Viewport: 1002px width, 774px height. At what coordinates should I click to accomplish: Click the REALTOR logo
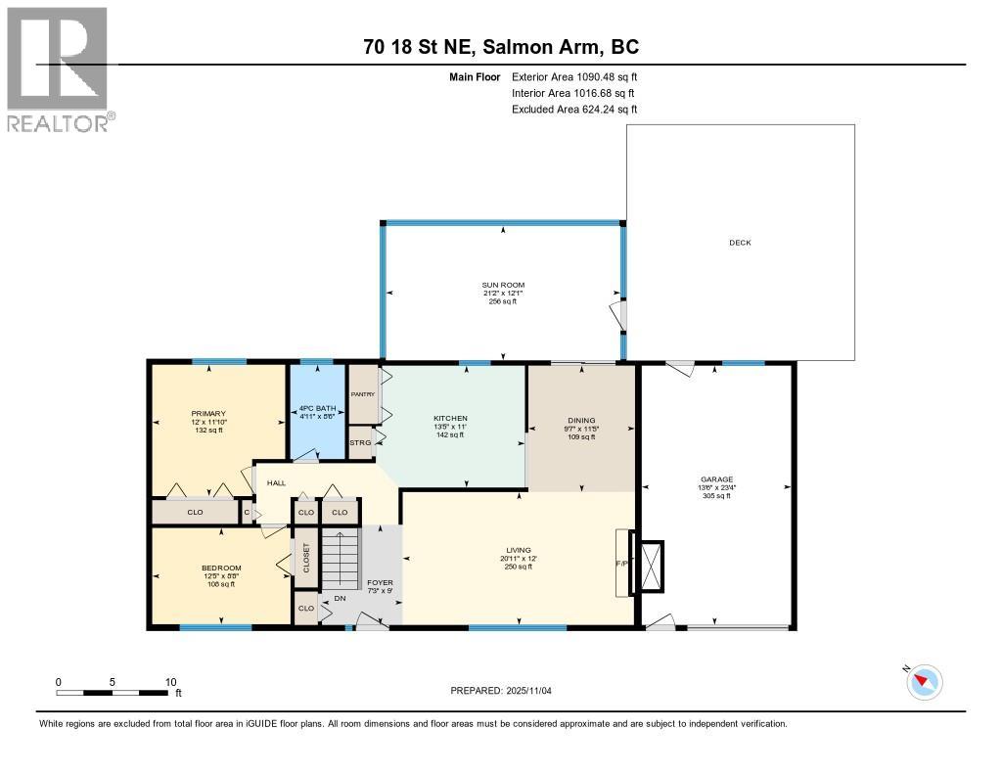pyautogui.click(x=60, y=68)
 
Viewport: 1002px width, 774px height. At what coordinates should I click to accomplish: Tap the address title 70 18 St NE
pyautogui.click(x=500, y=47)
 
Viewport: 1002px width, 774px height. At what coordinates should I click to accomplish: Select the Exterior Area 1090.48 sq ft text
pyautogui.click(x=574, y=76)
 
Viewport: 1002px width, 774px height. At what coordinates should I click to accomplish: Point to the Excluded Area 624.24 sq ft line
pyautogui.click(x=574, y=110)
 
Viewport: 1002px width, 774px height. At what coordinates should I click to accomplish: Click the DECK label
pyautogui.click(x=740, y=243)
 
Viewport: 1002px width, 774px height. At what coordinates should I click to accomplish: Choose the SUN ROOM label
pyautogui.click(x=503, y=285)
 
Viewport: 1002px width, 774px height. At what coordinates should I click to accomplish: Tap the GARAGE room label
pyautogui.click(x=716, y=479)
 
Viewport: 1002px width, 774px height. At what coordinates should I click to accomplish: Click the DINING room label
pyautogui.click(x=581, y=421)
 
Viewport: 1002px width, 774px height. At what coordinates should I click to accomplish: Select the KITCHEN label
pyautogui.click(x=450, y=419)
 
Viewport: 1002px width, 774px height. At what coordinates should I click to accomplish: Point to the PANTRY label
pyautogui.click(x=363, y=394)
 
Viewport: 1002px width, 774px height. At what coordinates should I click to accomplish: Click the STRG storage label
pyautogui.click(x=360, y=443)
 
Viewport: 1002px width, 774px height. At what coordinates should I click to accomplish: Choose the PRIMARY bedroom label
pyautogui.click(x=207, y=414)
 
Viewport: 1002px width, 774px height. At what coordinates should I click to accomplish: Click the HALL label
pyautogui.click(x=276, y=482)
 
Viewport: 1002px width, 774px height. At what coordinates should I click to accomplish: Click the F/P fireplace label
pyautogui.click(x=620, y=564)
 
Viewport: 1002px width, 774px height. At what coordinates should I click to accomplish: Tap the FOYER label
pyautogui.click(x=379, y=582)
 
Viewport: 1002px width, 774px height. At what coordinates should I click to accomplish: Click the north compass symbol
pyautogui.click(x=925, y=681)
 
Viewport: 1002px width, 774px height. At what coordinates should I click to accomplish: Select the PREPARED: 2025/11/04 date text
pyautogui.click(x=507, y=690)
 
